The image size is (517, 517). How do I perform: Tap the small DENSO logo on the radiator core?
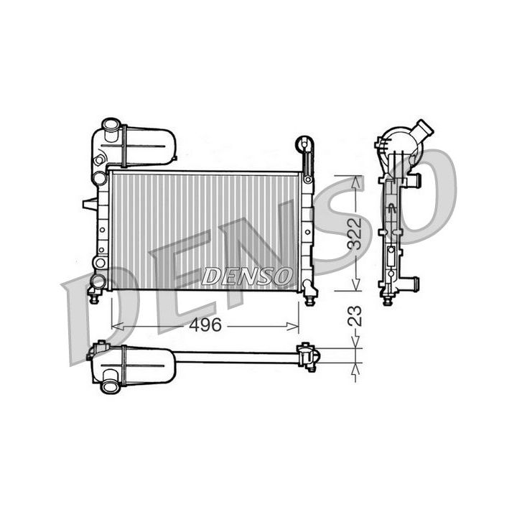click(247, 275)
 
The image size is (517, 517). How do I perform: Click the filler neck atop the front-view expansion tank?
click(111, 130)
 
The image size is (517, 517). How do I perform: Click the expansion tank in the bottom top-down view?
click(144, 366)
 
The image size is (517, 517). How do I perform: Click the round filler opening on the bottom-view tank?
click(111, 386)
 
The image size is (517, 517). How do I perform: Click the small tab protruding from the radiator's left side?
click(90, 205)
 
